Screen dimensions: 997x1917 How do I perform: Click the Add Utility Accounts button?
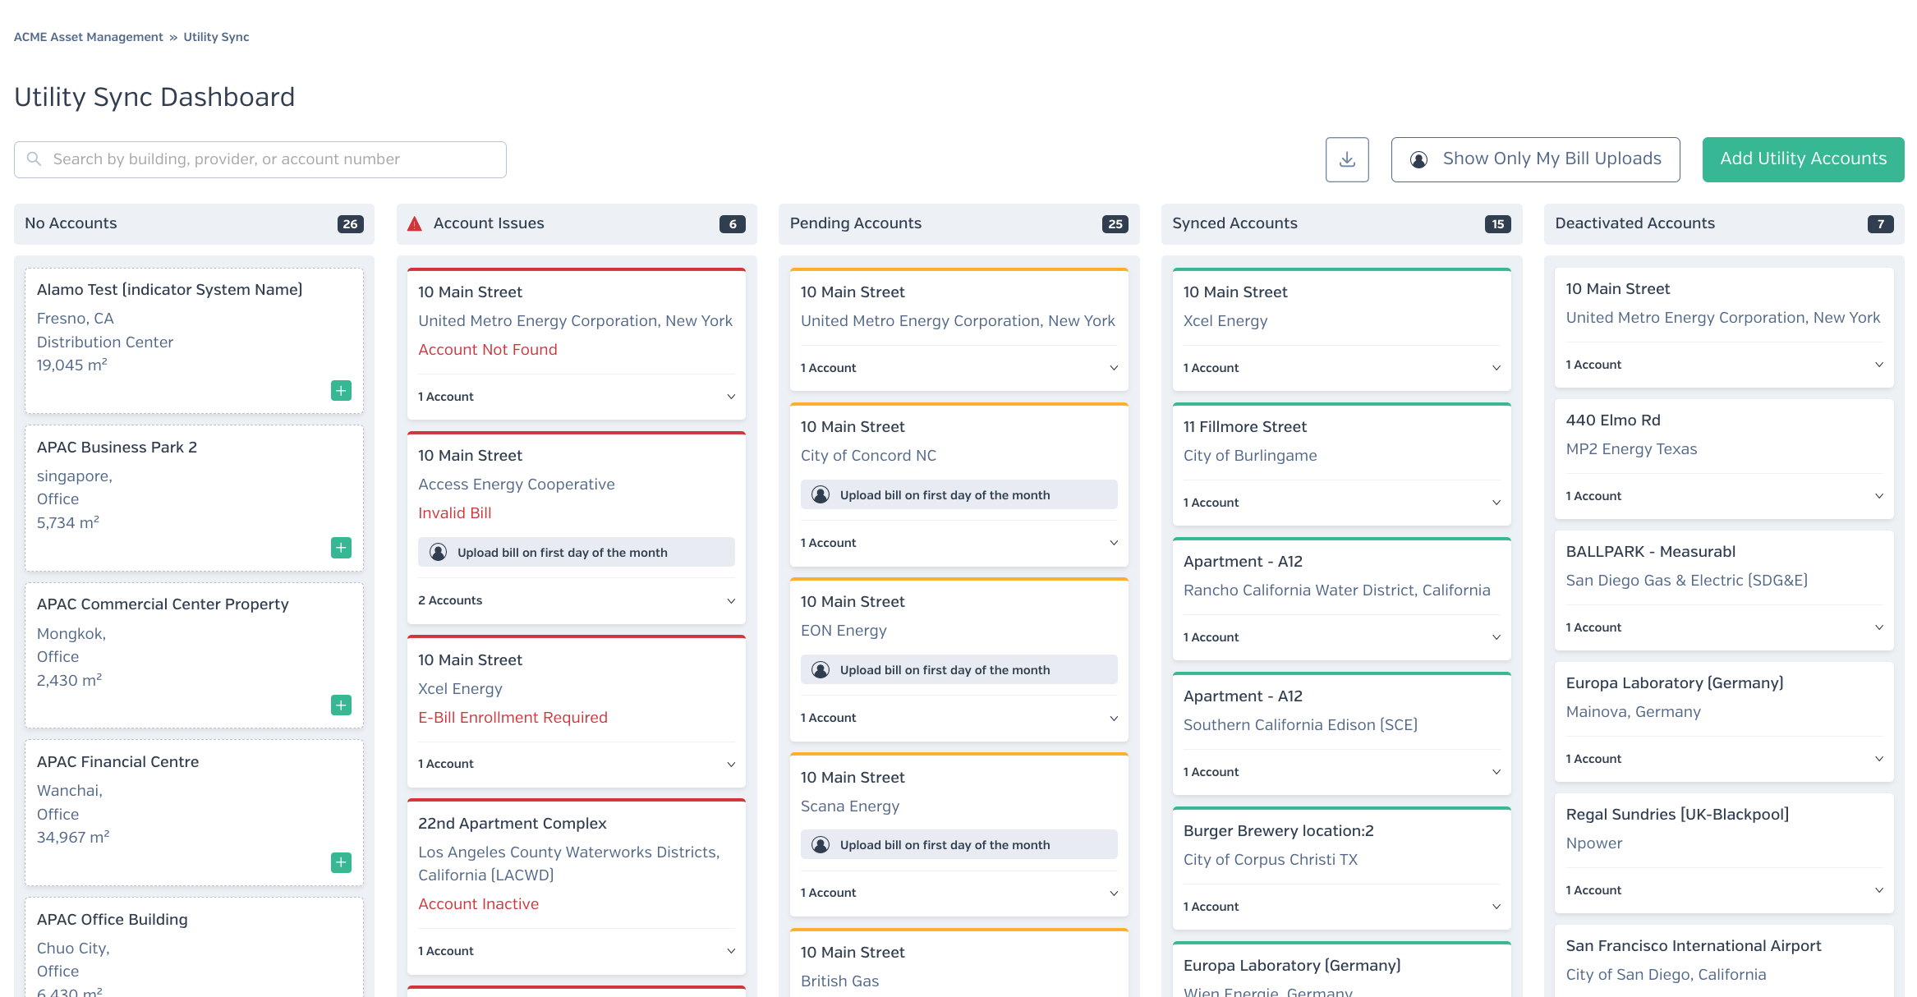point(1803,159)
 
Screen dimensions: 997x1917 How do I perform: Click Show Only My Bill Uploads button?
point(1535,159)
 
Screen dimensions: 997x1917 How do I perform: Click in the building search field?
point(260,159)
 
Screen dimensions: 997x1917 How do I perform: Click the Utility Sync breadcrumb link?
point(216,37)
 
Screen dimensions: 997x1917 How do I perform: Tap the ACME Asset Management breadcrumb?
point(89,37)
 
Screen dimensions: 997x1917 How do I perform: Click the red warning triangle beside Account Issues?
point(415,223)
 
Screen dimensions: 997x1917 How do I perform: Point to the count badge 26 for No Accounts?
point(350,224)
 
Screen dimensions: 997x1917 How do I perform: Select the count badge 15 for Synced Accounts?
point(1497,224)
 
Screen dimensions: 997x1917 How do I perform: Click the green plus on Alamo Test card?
point(341,390)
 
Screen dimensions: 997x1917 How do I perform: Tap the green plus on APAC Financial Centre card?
point(341,862)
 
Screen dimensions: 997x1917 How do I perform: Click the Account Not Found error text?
point(488,350)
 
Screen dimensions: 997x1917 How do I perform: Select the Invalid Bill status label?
point(455,513)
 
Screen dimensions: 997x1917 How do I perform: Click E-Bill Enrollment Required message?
point(513,718)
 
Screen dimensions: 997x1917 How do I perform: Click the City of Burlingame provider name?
point(1250,456)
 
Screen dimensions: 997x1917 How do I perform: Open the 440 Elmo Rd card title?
point(1613,420)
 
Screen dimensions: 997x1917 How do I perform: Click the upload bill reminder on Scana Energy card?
point(945,845)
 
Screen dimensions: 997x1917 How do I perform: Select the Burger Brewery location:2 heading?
point(1279,831)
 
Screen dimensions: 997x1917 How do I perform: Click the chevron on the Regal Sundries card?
point(1879,890)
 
